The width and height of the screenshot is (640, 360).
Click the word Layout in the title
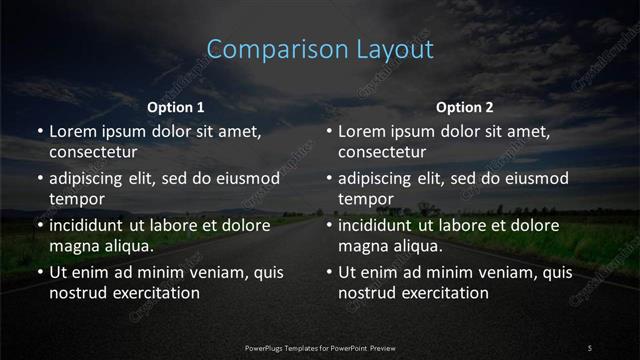tap(397, 49)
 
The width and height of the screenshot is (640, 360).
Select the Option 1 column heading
tap(176, 107)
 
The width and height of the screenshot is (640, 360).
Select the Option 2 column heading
tap(465, 107)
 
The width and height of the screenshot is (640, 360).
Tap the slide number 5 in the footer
tap(590, 347)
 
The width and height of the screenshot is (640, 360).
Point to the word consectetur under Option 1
tap(93, 152)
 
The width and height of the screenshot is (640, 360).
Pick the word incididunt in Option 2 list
tap(379, 226)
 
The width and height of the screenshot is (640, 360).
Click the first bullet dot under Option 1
tap(40, 132)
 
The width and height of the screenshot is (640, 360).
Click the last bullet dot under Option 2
tap(329, 273)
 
